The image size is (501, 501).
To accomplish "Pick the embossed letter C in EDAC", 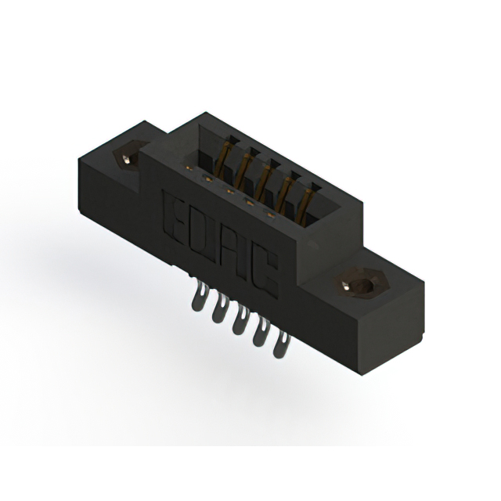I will pos(264,271).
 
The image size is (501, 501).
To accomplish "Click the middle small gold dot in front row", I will pos(230,191).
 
